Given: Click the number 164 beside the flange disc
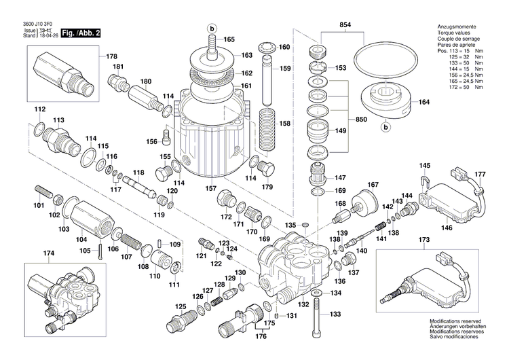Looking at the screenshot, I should click(x=424, y=103).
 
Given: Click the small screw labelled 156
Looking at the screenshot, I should click(x=164, y=141).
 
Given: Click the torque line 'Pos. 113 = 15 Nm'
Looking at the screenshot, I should click(x=460, y=52).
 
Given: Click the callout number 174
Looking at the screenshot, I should click(x=48, y=254).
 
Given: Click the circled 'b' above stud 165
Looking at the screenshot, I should click(x=211, y=28).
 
